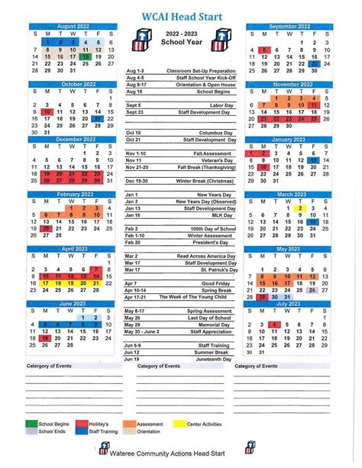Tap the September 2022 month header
(x=289, y=26)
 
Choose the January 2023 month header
(x=289, y=140)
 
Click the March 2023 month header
(x=289, y=195)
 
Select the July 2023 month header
(x=289, y=303)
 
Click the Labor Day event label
(x=219, y=104)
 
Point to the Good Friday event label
(x=217, y=283)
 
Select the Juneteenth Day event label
(x=214, y=358)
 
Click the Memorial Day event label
(x=217, y=324)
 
